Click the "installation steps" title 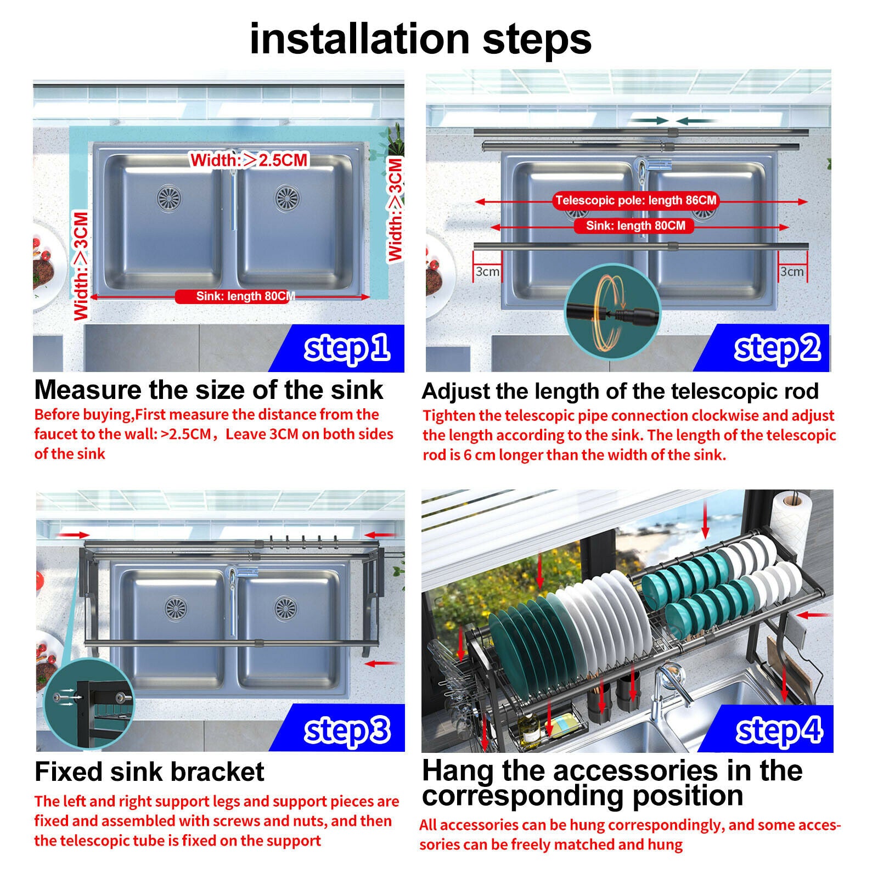(x=420, y=39)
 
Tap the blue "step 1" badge (x=346, y=348)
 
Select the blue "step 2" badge (x=776, y=348)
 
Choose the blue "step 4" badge (x=778, y=730)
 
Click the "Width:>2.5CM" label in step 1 (x=249, y=160)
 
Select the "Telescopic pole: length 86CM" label (x=635, y=200)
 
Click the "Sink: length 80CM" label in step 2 (x=635, y=226)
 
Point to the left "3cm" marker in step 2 (x=487, y=272)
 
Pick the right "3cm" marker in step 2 (x=792, y=272)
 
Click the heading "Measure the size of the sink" (x=209, y=390)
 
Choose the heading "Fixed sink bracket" (x=149, y=772)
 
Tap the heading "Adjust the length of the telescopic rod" (x=620, y=391)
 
